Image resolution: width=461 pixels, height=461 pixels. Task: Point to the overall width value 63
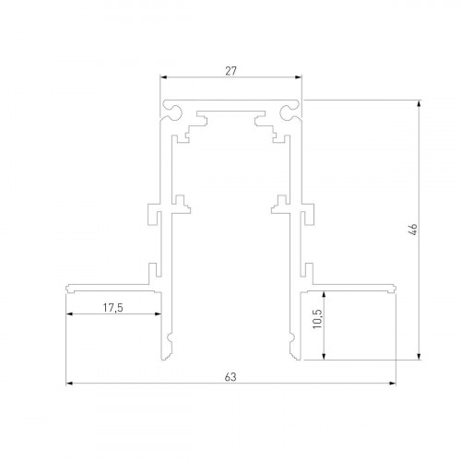click(231, 374)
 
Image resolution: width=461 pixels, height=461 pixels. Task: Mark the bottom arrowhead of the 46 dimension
click(420, 359)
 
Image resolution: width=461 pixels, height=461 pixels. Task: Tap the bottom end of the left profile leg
click(170, 359)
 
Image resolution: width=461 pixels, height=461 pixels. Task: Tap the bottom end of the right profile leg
click(294, 359)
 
